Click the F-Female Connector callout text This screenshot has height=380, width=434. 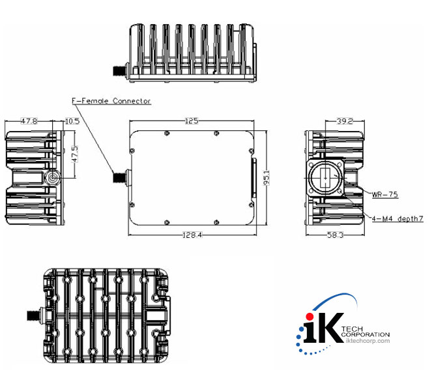111,101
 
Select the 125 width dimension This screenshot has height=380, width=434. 192,121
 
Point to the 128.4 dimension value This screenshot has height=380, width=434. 194,235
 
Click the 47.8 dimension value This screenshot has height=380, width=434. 29,121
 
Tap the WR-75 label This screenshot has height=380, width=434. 385,194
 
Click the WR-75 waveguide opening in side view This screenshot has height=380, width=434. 325,178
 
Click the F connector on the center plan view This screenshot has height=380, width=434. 121,176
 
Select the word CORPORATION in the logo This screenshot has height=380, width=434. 366,334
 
